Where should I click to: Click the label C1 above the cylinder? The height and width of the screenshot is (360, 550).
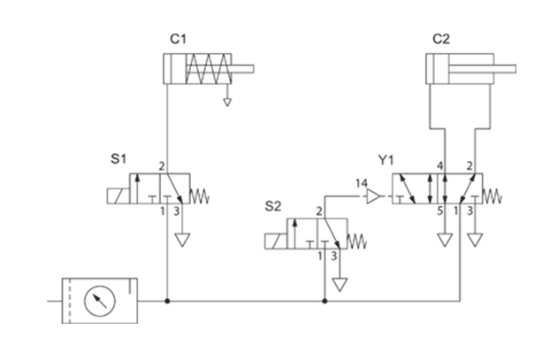coord(179,39)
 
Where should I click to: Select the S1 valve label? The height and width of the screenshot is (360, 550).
coord(118,160)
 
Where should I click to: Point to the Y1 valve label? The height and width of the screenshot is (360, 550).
coord(386,160)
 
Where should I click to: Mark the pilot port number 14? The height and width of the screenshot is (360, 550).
coord(361,184)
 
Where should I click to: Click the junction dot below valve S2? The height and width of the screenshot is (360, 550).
coord(325,301)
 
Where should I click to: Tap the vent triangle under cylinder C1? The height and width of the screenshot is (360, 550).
coord(227,102)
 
